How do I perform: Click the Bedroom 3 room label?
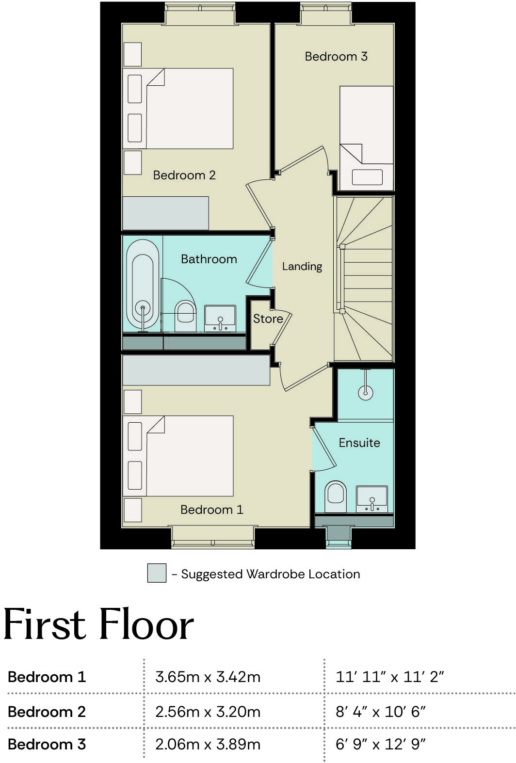[336, 57]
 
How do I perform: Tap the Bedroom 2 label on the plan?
[184, 175]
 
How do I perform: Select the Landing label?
[302, 266]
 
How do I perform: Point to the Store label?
[268, 319]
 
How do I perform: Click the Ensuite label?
[359, 443]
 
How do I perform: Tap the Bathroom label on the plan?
[209, 259]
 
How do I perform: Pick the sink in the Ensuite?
[372, 498]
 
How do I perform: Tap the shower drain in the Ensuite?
[366, 393]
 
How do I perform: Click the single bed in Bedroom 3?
[366, 138]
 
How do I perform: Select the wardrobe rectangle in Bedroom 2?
[165, 213]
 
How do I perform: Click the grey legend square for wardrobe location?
[157, 573]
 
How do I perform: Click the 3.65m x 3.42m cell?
[208, 677]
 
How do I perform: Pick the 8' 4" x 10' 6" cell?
[380, 712]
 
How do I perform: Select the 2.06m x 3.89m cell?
[208, 744]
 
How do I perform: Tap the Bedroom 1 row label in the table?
[47, 677]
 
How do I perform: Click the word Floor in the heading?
[146, 625]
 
